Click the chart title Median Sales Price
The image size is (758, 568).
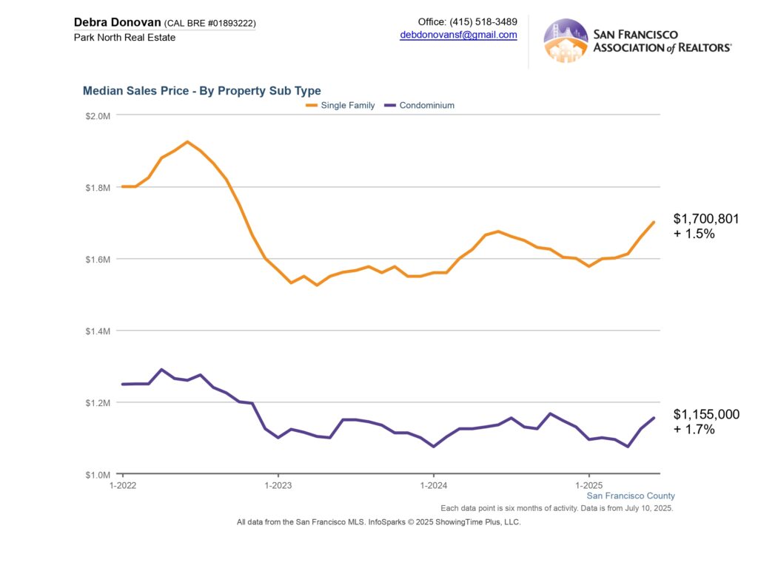[201, 91]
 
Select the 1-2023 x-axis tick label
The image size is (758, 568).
[278, 486]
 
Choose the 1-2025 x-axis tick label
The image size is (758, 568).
[588, 486]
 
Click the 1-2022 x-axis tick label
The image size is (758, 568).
[122, 486]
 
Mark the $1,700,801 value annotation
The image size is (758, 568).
[705, 219]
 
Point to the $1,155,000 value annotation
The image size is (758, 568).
[705, 414]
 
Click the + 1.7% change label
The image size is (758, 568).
[694, 429]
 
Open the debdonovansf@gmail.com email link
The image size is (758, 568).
[458, 35]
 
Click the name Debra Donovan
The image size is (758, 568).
[117, 22]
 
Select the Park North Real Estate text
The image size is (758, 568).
[124, 37]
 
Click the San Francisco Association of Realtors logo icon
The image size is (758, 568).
[566, 41]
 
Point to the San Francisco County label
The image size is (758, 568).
[630, 496]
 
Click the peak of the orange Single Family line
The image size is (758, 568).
[187, 141]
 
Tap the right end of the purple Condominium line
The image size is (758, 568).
[654, 418]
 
